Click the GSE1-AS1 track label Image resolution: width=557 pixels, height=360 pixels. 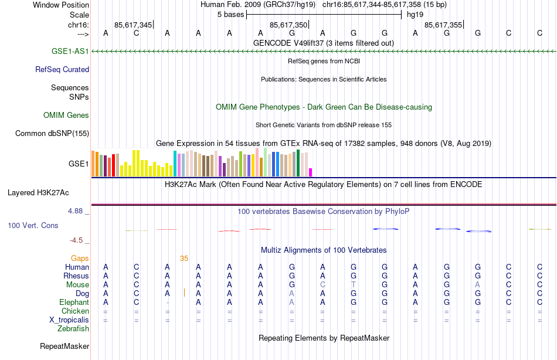70,52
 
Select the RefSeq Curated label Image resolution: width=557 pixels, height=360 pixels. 62,69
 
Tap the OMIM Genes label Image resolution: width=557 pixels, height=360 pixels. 66,115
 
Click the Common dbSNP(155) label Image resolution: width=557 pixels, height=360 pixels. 52,133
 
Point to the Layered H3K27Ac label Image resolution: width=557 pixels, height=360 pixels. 38,192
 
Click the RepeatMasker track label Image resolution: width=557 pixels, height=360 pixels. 64,347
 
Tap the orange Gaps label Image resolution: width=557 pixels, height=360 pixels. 80,258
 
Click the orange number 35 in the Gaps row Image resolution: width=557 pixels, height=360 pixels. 184,258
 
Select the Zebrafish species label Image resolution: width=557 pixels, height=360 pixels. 73,328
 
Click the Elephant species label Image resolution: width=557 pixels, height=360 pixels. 74,302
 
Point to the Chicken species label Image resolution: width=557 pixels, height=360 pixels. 75,311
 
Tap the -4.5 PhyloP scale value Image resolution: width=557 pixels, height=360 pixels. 78,240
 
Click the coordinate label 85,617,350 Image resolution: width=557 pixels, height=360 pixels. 288,25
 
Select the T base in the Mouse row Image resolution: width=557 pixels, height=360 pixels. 353,284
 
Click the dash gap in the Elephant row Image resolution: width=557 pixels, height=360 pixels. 167,302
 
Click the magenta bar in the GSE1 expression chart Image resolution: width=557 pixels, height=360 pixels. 311,172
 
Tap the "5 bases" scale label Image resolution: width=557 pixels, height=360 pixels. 229,14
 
